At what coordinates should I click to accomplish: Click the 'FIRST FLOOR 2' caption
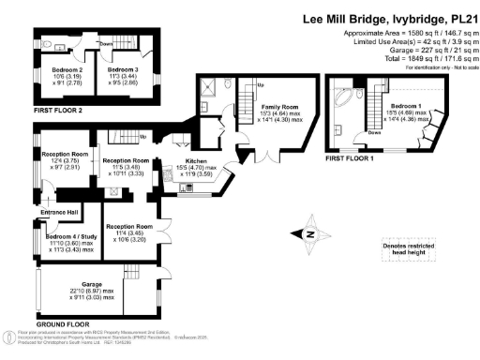point(59,111)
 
